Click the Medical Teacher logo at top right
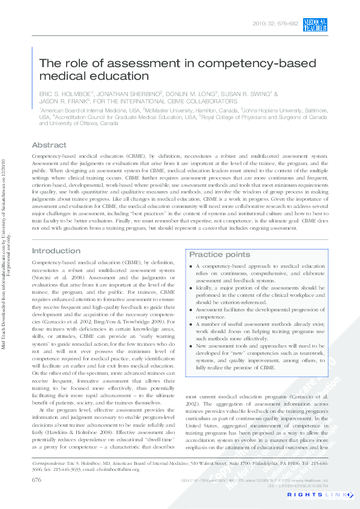click(x=316, y=24)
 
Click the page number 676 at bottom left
click(x=36, y=479)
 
